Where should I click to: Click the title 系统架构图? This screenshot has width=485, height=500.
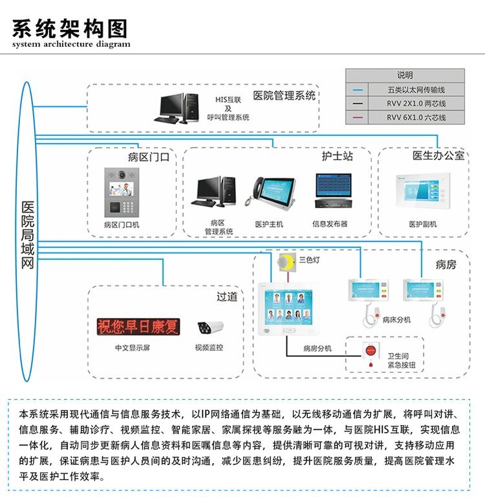tap(70, 28)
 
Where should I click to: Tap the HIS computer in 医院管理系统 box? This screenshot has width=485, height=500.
tap(178, 107)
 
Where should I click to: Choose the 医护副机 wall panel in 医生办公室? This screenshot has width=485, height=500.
tap(422, 192)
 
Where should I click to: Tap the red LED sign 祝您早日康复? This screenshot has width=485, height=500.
tap(138, 326)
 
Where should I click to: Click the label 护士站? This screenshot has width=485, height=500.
tap(337, 156)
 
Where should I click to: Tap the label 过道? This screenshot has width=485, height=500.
tap(226, 297)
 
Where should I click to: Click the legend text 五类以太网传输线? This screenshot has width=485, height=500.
tap(416, 89)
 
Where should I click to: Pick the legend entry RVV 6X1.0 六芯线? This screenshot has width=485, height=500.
tap(416, 117)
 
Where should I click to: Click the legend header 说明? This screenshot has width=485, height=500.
tap(405, 74)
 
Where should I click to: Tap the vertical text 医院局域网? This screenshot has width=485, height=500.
tap(28, 234)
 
